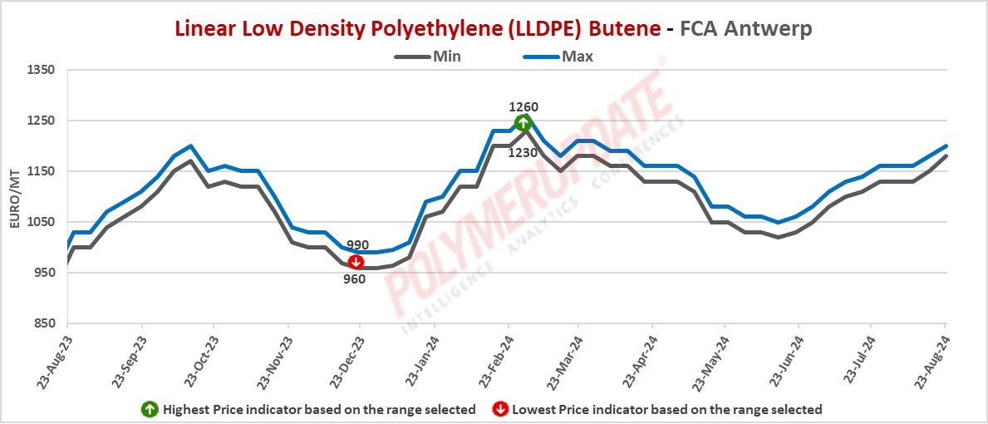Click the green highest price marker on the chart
(x=523, y=123)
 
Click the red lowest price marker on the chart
(x=356, y=263)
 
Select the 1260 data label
(x=523, y=106)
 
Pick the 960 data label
(x=355, y=279)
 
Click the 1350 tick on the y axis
(x=42, y=70)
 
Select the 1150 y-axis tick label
(x=42, y=171)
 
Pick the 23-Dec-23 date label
(x=347, y=360)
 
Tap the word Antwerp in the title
(x=769, y=27)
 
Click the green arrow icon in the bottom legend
(x=150, y=409)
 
